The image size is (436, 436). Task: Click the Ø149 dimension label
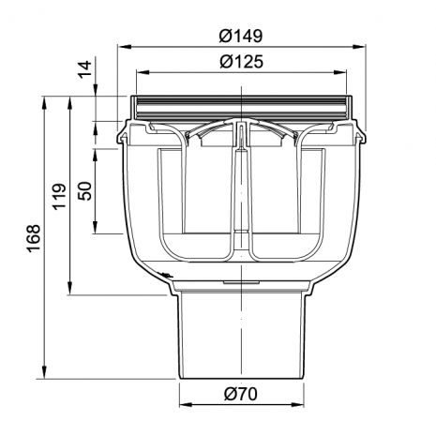click(241, 36)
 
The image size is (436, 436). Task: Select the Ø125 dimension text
click(241, 61)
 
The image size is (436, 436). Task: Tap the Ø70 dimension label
click(241, 394)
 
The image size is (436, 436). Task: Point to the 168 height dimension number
click(34, 238)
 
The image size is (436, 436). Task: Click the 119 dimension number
click(59, 196)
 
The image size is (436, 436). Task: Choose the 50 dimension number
click(85, 190)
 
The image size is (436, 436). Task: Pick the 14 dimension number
click(85, 69)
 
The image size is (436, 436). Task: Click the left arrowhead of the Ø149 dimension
click(125, 47)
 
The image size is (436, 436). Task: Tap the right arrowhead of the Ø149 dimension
click(359, 47)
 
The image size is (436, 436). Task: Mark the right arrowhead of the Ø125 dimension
click(339, 72)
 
